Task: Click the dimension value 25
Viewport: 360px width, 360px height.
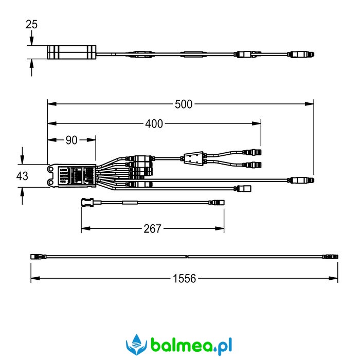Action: coord(31,24)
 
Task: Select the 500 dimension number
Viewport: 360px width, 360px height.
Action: coord(184,104)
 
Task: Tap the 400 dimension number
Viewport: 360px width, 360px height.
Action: coord(154,124)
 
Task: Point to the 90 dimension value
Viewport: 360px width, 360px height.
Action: coord(71,140)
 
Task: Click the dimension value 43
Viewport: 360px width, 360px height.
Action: coord(22,176)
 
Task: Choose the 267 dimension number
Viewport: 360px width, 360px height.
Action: coord(152,229)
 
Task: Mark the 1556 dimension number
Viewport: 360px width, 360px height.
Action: coord(184,279)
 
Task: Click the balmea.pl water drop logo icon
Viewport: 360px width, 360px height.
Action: coord(137,345)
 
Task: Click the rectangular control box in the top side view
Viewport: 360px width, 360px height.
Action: coord(71,52)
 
